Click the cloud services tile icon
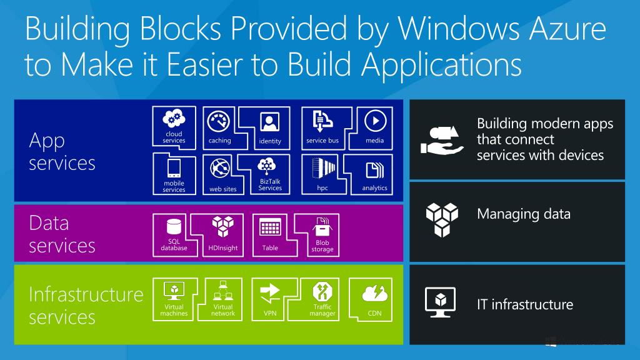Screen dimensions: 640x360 [173, 119]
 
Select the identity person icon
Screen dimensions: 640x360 [270, 121]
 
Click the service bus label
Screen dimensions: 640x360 [322, 141]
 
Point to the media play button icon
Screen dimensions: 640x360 [374, 120]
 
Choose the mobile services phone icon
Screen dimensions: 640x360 [173, 167]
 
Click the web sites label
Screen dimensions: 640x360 [223, 189]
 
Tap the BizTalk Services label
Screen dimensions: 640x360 [270, 184]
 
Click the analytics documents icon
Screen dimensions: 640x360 [374, 169]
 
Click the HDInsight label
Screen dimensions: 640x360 [223, 248]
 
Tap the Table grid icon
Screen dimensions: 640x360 [270, 227]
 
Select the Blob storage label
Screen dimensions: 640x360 [322, 246]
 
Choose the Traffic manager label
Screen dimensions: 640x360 [322, 310]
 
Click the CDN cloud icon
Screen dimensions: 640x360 [374, 293]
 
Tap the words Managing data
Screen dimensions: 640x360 [523, 214]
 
